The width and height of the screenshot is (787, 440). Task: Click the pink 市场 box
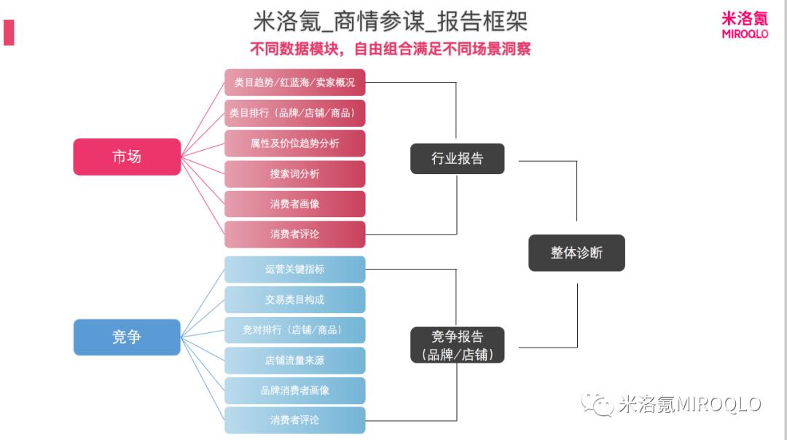127,157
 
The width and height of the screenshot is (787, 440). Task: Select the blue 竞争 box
127,337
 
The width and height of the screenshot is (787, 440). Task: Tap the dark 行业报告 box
457,158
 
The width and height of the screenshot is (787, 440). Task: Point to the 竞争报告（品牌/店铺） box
457,345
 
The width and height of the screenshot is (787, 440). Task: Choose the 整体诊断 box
576,253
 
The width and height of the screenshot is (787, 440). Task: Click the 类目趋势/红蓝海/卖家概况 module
294,82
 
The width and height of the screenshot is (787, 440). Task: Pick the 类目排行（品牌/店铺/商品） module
294,113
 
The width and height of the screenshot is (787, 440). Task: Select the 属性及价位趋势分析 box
294,144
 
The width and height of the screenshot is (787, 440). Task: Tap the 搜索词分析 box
294,174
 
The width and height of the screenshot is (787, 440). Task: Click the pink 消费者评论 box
294,235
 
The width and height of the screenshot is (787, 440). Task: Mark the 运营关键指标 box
294,269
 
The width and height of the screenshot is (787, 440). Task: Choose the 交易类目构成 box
294,299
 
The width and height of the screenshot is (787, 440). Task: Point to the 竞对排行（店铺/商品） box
294,330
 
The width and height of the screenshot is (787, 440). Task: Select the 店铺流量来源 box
294,360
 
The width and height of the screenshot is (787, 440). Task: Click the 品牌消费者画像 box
294,390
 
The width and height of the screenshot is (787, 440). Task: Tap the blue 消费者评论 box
294,420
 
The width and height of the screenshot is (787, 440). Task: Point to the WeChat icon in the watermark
597,404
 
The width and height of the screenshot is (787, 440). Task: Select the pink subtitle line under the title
390,50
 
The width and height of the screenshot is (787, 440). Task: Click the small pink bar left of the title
9,33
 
